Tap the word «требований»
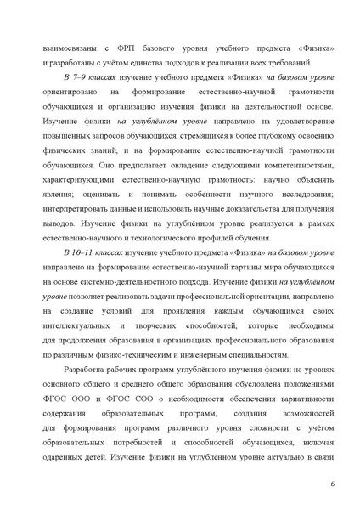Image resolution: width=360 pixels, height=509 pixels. coord(288,64)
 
